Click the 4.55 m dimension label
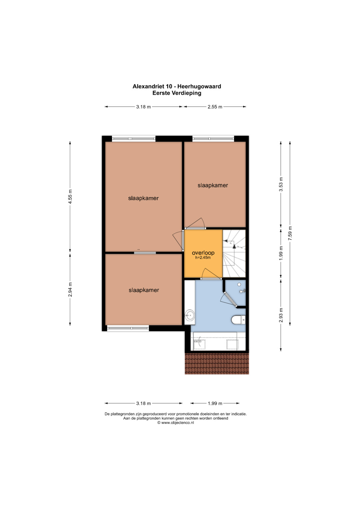[x=70, y=196]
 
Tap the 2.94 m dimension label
[x=70, y=289]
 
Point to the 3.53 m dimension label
[x=281, y=184]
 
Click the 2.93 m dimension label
[x=281, y=315]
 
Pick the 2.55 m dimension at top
[x=215, y=107]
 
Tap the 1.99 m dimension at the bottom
[x=215, y=403]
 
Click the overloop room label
[x=203, y=253]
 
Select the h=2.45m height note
[x=203, y=258]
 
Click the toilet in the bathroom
[x=238, y=320]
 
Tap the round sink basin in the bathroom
[x=189, y=315]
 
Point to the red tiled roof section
[x=217, y=363]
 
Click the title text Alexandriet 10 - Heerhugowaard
[x=177, y=86]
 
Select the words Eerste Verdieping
[x=177, y=93]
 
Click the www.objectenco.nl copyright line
[x=176, y=423]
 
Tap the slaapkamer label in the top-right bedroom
[x=213, y=185]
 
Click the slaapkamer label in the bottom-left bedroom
[x=144, y=290]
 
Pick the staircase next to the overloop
[x=234, y=253]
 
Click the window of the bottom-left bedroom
[x=128, y=328]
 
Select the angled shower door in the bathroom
[x=230, y=300]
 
